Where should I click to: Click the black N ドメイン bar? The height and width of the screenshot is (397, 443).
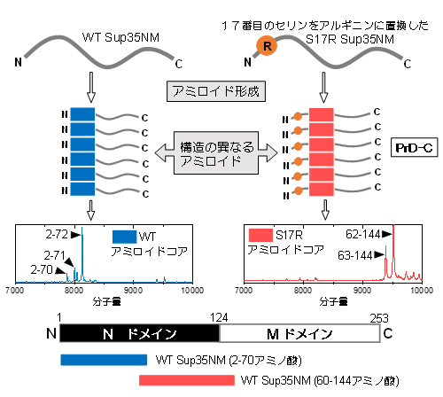138,333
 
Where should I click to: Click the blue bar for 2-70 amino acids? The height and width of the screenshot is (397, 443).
104,360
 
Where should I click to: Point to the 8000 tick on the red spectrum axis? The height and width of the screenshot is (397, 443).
303,290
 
